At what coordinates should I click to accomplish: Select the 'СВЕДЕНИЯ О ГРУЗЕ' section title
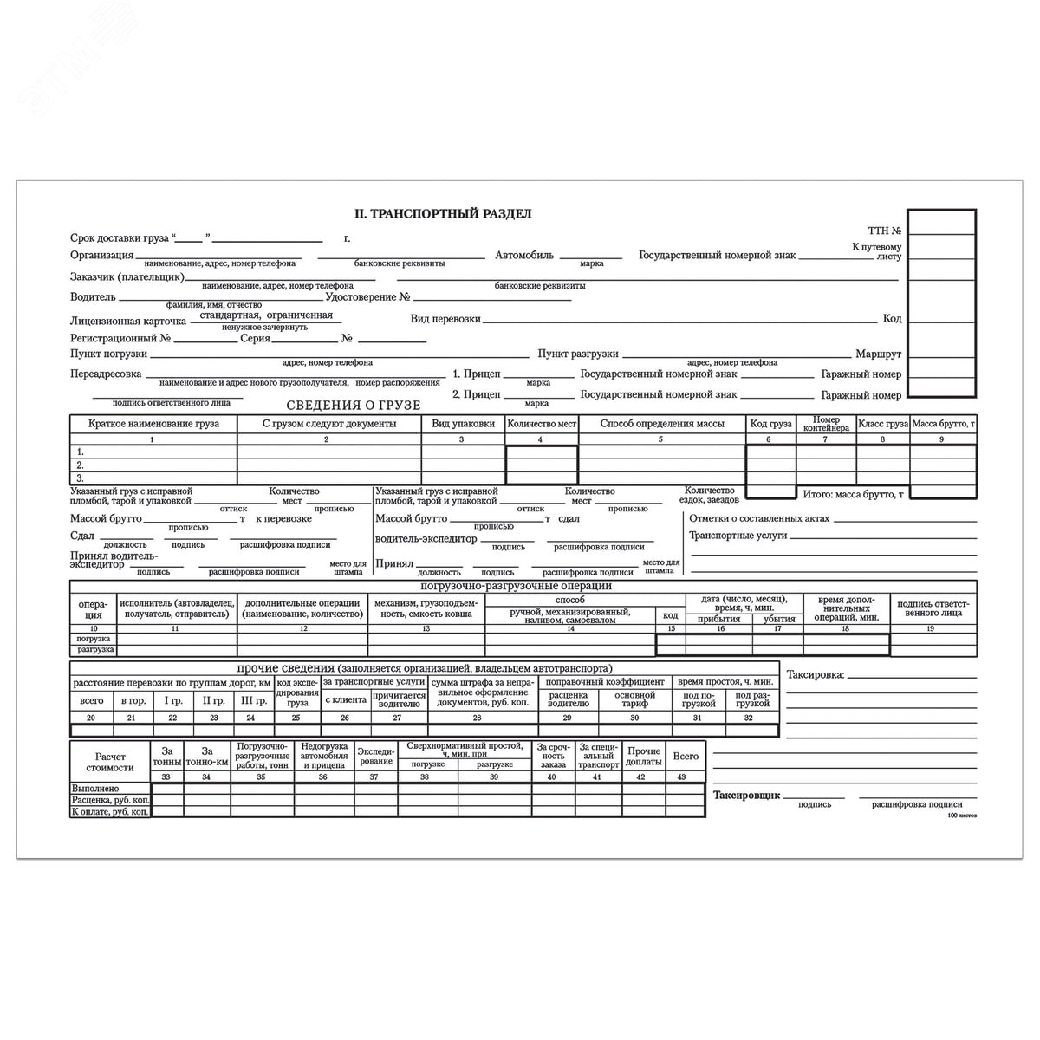coord(353,405)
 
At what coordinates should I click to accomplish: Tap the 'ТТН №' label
coord(885,231)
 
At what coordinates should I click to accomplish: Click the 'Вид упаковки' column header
coord(463,424)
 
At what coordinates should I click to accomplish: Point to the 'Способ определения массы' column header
coord(661,424)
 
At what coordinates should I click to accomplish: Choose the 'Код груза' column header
coord(770,424)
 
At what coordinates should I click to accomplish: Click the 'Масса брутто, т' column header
coord(943,424)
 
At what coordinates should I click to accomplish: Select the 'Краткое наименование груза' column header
coord(153,424)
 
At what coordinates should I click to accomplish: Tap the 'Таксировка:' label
coord(815,674)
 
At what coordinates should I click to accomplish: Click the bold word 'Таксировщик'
coord(746,795)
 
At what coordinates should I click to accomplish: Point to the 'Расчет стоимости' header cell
coord(110,761)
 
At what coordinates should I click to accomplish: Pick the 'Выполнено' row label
coord(95,789)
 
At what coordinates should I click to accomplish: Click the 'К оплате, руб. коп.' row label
coord(110,812)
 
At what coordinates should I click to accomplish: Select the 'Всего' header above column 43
coord(686,756)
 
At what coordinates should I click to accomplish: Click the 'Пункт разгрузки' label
coord(577,354)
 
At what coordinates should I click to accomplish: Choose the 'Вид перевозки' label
coord(445,319)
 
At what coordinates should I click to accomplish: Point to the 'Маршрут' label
coord(878,354)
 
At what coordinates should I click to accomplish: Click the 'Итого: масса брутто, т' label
coord(853,494)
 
